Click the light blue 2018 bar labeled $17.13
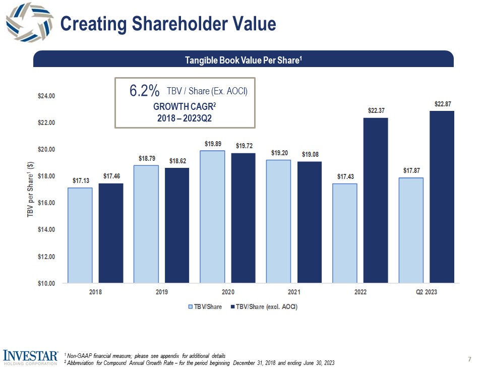[80, 235]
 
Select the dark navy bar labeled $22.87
[442, 197]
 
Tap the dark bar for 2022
[376, 200]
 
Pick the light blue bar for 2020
[212, 217]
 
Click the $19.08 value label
[310, 154]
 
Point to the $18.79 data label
[146, 158]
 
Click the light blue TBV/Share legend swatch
[190, 306]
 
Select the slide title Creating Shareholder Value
[168, 24]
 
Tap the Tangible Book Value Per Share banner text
[244, 60]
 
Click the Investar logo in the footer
[31, 356]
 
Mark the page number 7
[470, 359]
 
